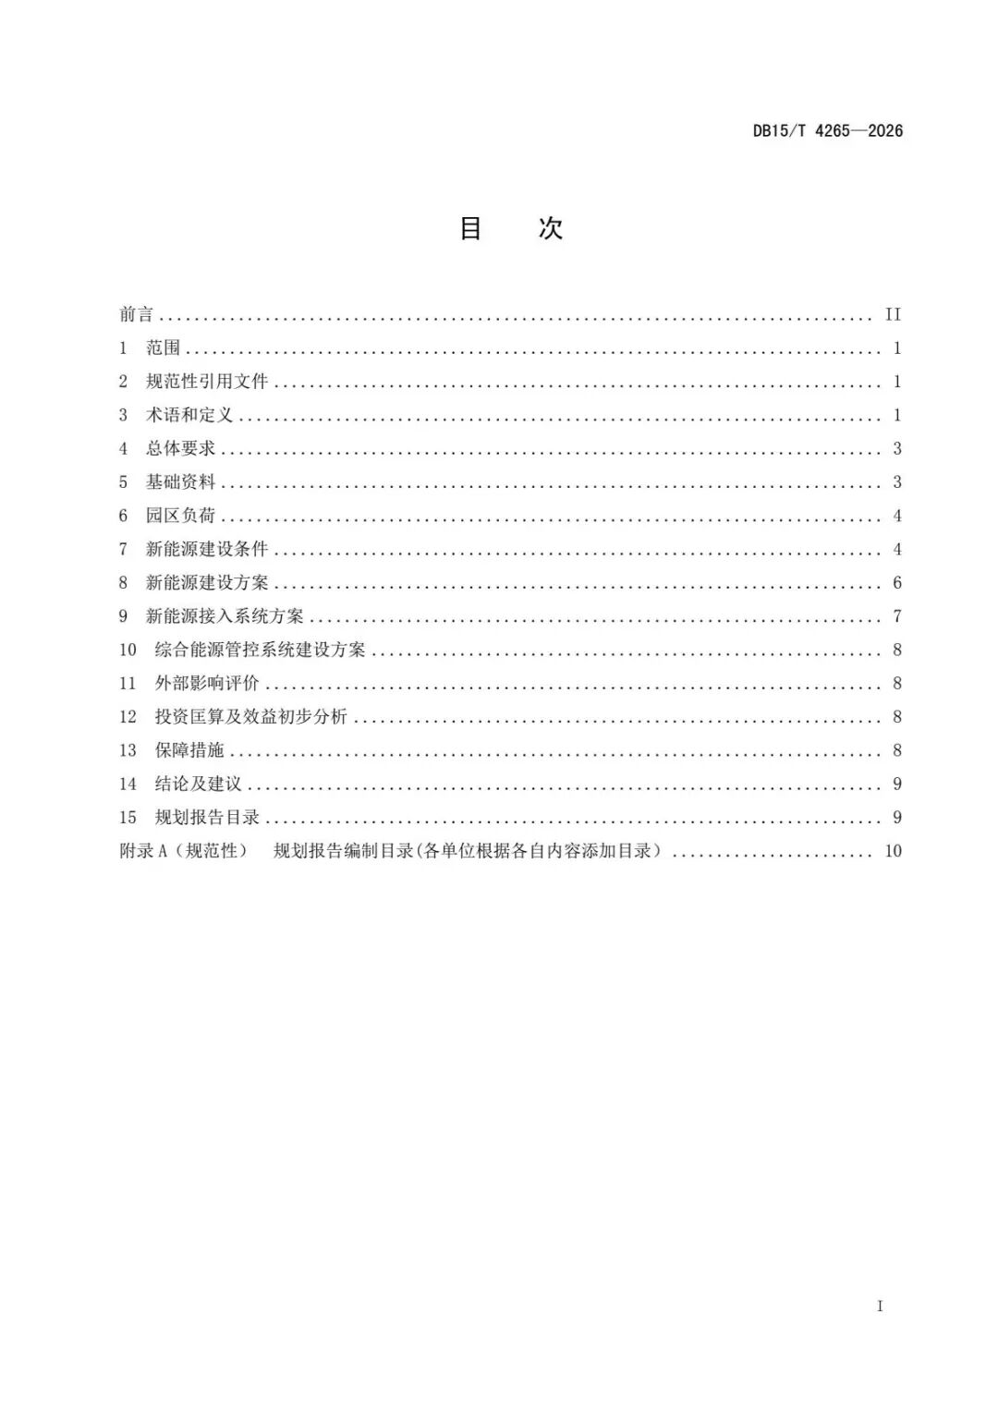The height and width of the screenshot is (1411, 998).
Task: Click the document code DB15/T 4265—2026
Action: [827, 130]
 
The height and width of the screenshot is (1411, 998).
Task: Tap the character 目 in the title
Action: [471, 228]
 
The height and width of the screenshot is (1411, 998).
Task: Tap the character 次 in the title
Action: [551, 228]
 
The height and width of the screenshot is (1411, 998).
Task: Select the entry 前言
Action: [136, 314]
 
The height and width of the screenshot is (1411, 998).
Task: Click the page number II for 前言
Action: [893, 314]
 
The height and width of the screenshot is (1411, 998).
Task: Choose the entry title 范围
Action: [163, 348]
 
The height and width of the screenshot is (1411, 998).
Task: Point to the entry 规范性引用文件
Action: [206, 382]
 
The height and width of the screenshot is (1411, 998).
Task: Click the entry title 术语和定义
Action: [189, 415]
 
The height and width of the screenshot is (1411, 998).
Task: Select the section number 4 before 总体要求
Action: [123, 448]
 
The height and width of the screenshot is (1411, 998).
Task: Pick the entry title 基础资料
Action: [180, 482]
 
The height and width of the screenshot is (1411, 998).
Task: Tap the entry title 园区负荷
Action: [180, 516]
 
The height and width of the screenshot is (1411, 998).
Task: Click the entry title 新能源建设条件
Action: [206, 549]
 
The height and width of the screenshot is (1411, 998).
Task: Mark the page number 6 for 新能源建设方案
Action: [896, 583]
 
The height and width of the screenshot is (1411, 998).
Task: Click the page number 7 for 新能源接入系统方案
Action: [896, 616]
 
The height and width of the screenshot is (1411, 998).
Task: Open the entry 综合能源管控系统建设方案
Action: [260, 650]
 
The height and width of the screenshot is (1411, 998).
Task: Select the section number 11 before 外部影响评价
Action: [128, 684]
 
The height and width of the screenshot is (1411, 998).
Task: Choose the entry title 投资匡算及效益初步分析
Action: [250, 717]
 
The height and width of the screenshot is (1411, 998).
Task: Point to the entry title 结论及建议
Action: [198, 784]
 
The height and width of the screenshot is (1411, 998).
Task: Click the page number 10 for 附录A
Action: [893, 851]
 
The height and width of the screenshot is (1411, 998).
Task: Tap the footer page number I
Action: [880, 1306]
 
